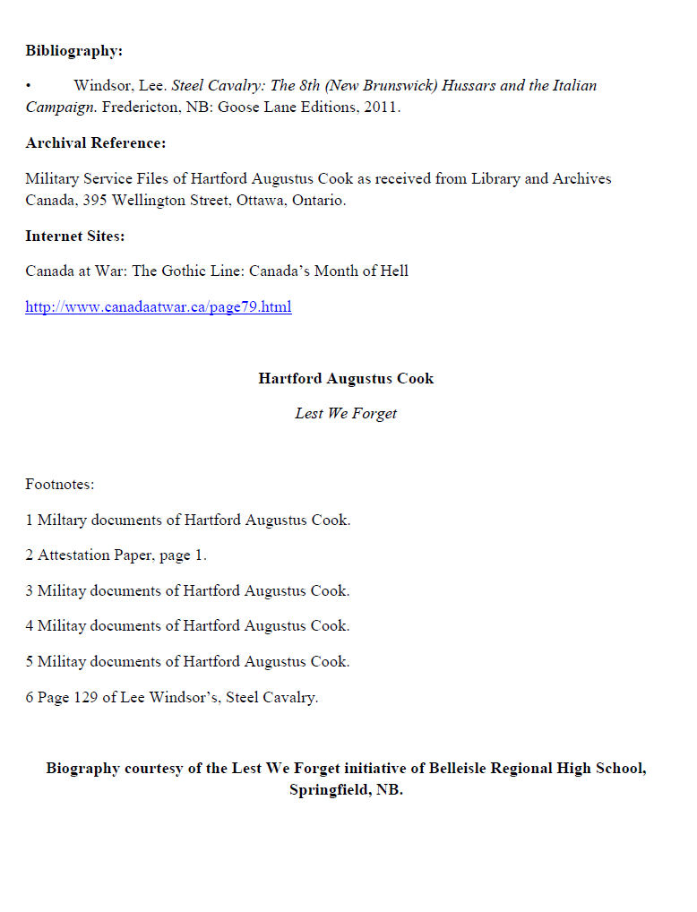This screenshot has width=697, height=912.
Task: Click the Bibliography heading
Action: pyautogui.click(x=73, y=51)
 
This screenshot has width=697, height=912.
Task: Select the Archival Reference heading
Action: pyautogui.click(x=95, y=143)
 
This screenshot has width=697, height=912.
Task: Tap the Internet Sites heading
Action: pyautogui.click(x=74, y=237)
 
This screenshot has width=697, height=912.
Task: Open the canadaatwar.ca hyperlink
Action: pyautogui.click(x=158, y=307)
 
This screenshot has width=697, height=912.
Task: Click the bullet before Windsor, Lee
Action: pyautogui.click(x=29, y=86)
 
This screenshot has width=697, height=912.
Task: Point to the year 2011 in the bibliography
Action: pyautogui.click(x=381, y=108)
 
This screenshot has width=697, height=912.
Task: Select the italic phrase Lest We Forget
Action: pyautogui.click(x=346, y=414)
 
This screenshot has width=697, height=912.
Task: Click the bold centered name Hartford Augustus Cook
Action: pyautogui.click(x=346, y=378)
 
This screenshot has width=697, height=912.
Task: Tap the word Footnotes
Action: pyautogui.click(x=59, y=485)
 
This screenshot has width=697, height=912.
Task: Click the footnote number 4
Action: pyautogui.click(x=29, y=626)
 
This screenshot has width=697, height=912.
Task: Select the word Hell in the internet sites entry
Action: pyautogui.click(x=393, y=271)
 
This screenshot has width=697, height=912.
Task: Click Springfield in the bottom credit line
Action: pyautogui.click(x=325, y=791)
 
